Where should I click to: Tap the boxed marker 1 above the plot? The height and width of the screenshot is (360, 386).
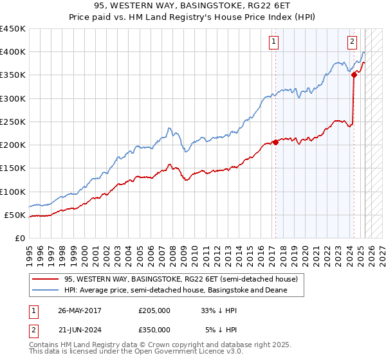tap(274, 42)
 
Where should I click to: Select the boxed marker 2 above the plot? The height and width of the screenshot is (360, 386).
tap(353, 42)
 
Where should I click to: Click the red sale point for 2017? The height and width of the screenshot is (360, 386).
tap(275, 142)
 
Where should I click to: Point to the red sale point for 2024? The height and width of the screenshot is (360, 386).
tap(354, 75)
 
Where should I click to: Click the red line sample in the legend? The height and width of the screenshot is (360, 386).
tap(46, 280)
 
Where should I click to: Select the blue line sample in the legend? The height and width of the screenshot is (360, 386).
tap(46, 291)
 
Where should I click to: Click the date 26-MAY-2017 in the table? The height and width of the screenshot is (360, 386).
tap(80, 310)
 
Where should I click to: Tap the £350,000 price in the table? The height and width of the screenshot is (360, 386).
tap(154, 330)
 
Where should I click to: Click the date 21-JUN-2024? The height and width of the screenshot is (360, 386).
tap(79, 330)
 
